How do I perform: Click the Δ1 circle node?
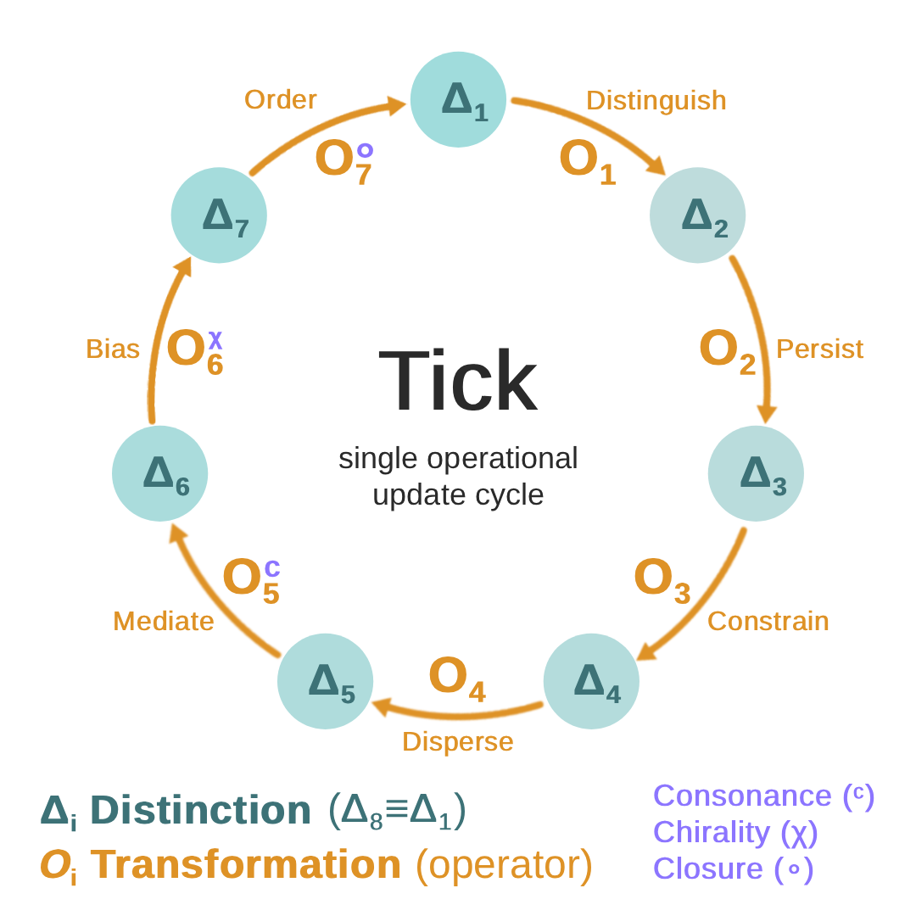[458, 99]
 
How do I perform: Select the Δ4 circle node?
[591, 681]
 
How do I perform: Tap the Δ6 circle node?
[159, 473]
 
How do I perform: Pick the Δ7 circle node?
[219, 215]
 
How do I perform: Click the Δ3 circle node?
[756, 473]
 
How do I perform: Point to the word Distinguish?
[656, 100]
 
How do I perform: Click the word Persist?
[819, 349]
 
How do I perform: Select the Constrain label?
[768, 621]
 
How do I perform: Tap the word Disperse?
[457, 741]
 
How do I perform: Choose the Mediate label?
[163, 621]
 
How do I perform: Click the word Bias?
[113, 349]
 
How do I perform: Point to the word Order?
[280, 99]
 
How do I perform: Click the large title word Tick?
[458, 381]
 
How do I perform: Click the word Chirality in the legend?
[711, 832]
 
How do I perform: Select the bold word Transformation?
[246, 863]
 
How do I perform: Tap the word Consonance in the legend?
[742, 796]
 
